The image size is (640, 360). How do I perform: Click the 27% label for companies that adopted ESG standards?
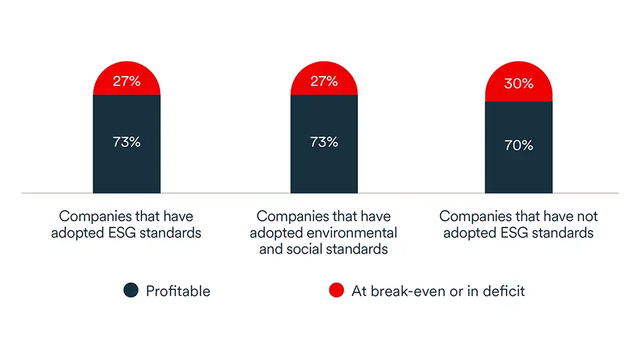[126, 81]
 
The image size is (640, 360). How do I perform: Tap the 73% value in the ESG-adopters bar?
[126, 141]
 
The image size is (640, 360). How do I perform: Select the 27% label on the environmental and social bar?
[323, 81]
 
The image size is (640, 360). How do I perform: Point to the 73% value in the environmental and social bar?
[323, 141]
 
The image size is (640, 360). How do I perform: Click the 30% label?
[519, 83]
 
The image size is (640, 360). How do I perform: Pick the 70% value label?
[519, 145]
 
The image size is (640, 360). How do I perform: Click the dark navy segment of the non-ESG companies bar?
[519, 170]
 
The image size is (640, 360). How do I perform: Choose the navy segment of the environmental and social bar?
[323, 170]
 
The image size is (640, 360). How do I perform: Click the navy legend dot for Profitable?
[131, 291]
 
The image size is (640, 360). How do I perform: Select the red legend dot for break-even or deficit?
[337, 291]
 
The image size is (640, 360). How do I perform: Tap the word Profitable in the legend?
[178, 291]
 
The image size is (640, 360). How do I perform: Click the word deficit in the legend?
[502, 291]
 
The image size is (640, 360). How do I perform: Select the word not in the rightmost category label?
[587, 217]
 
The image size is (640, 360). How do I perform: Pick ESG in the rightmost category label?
[511, 233]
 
